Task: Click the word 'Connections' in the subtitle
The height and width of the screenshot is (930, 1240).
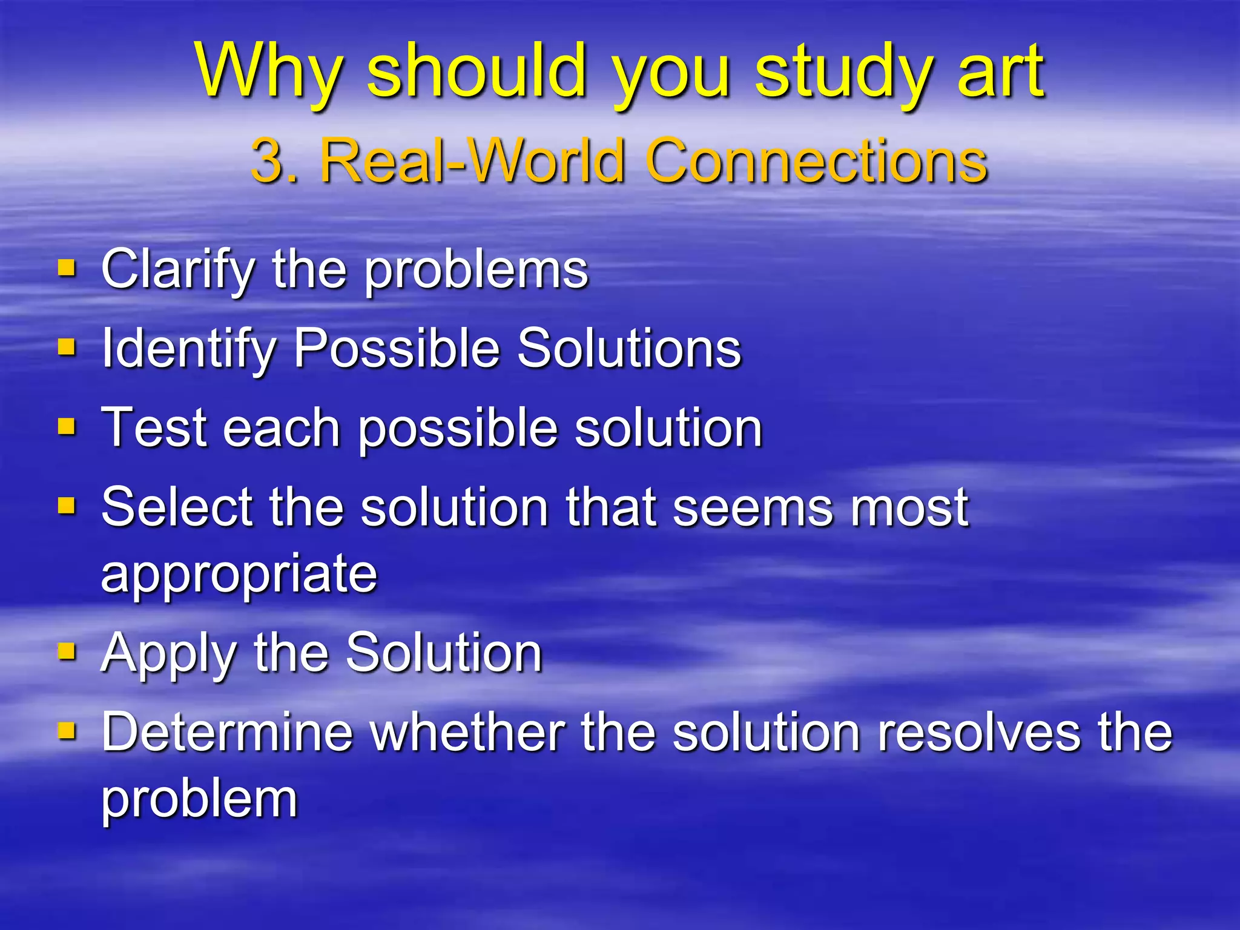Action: pyautogui.click(x=817, y=160)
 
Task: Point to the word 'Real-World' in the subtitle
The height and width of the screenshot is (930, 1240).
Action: pyautogui.click(x=472, y=160)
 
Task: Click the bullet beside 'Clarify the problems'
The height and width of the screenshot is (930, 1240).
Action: pyautogui.click(x=67, y=268)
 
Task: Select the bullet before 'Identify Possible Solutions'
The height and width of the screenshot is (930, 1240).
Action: pyautogui.click(x=67, y=347)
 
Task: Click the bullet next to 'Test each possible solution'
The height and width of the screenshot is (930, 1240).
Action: pyautogui.click(x=67, y=426)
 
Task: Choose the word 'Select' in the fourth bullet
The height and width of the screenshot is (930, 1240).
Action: pyautogui.click(x=176, y=507)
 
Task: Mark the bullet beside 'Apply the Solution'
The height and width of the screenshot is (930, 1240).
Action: pyautogui.click(x=67, y=651)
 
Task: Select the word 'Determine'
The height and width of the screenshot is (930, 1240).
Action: pyautogui.click(x=227, y=733)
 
